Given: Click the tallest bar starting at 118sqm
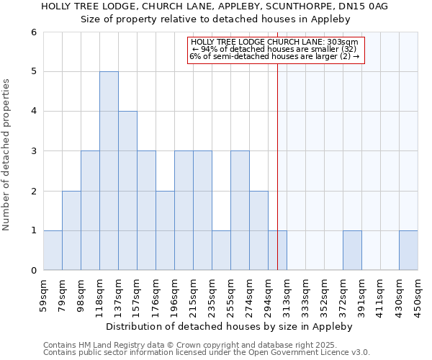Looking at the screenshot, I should [x=109, y=171].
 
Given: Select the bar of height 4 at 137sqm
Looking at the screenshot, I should [x=127, y=191].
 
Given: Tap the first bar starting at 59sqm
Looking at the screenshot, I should [x=53, y=250].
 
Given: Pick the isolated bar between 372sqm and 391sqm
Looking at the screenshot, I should [x=352, y=250].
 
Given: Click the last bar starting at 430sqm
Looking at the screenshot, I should [x=408, y=250].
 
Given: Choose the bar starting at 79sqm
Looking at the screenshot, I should [x=71, y=230].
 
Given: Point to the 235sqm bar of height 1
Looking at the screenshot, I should [x=221, y=250].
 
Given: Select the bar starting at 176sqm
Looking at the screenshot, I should [x=165, y=230].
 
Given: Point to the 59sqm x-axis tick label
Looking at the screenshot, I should [x=44, y=292].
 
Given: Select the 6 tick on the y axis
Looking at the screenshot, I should [x=33, y=32].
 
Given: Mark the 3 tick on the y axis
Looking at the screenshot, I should [x=33, y=151].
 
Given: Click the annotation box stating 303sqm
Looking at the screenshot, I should [x=276, y=50].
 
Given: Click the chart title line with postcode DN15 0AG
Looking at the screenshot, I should [x=215, y=6].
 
